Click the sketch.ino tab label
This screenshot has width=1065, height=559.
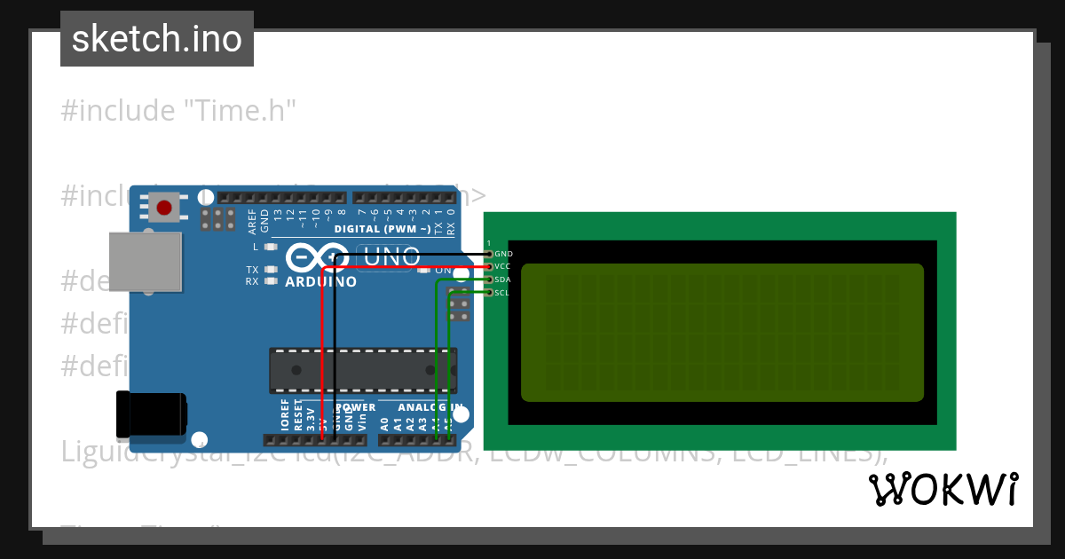pos(157,39)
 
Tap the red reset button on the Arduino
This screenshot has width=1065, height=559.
pos(164,209)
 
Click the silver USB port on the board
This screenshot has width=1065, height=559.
pos(145,262)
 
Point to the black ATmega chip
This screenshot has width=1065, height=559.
pos(363,370)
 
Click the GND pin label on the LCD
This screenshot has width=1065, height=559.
pos(503,254)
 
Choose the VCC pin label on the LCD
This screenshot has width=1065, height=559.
pos(503,266)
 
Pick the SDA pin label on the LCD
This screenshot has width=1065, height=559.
pos(503,279)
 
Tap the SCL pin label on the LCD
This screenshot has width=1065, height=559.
pos(502,293)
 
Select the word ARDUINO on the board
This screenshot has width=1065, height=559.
pos(320,282)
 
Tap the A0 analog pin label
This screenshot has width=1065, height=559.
pos(384,424)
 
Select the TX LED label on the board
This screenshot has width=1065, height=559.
pos(252,270)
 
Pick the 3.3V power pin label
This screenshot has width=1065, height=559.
pos(310,420)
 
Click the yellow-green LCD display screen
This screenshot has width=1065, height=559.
pos(722,332)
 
